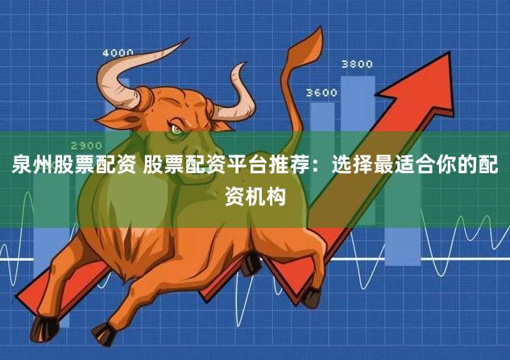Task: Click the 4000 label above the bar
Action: coord(118,53)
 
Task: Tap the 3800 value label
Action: coord(357,64)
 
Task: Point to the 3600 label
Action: coord(321,93)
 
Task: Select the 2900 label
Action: coord(86,145)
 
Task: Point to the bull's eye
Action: coord(176,129)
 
